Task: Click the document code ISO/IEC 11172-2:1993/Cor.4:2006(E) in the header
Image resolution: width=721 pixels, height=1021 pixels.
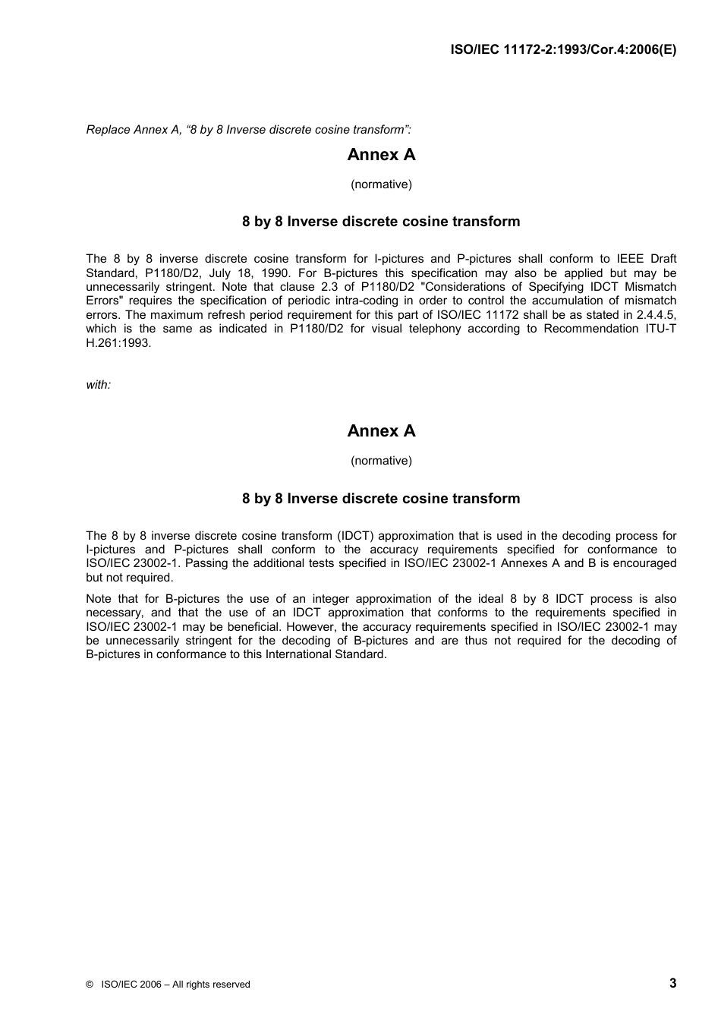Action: point(563,50)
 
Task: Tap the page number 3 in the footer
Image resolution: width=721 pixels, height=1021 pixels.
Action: point(672,983)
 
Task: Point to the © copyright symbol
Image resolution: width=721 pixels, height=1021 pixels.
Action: point(90,985)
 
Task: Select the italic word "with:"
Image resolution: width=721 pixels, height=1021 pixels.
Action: point(99,385)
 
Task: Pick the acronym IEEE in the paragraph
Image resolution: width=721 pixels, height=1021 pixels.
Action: point(616,259)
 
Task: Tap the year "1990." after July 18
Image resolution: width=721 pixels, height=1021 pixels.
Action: point(275,273)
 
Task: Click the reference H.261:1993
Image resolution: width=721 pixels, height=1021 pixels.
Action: point(118,343)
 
